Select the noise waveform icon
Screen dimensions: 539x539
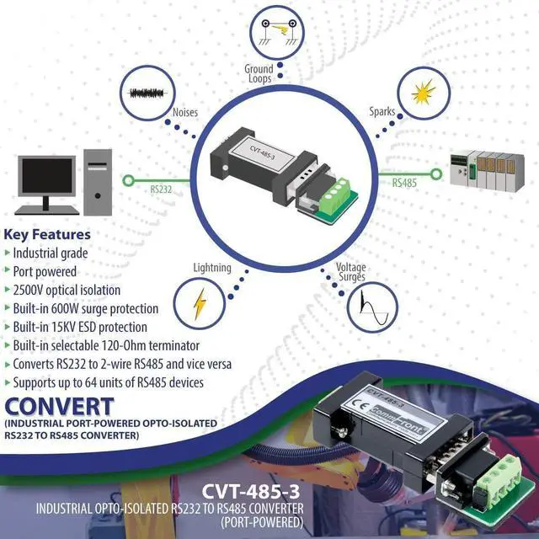pos(148,92)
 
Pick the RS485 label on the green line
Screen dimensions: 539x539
pos(408,181)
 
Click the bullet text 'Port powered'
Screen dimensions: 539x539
pos(45,271)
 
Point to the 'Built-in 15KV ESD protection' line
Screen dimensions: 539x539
pos(80,327)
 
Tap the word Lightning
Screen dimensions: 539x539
pos(211,268)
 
